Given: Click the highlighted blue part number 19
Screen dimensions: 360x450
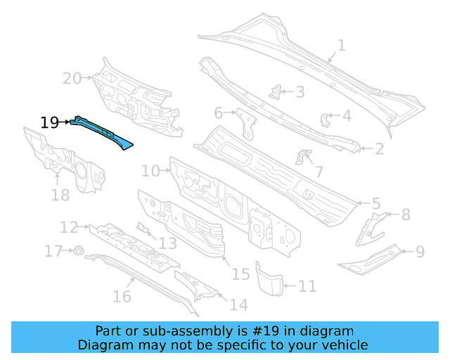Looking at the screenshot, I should tap(101, 131).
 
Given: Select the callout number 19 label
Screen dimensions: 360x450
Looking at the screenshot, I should tap(49, 123).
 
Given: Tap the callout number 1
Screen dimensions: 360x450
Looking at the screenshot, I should tap(341, 46).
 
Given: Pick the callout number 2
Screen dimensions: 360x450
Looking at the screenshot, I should tap(380, 148).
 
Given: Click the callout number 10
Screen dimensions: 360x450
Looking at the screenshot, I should tap(150, 170).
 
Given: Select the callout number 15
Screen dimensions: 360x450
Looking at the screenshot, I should tap(241, 274).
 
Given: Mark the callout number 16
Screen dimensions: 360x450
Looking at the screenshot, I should tap(122, 296).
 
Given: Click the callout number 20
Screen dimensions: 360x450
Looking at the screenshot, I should tap(72, 78).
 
